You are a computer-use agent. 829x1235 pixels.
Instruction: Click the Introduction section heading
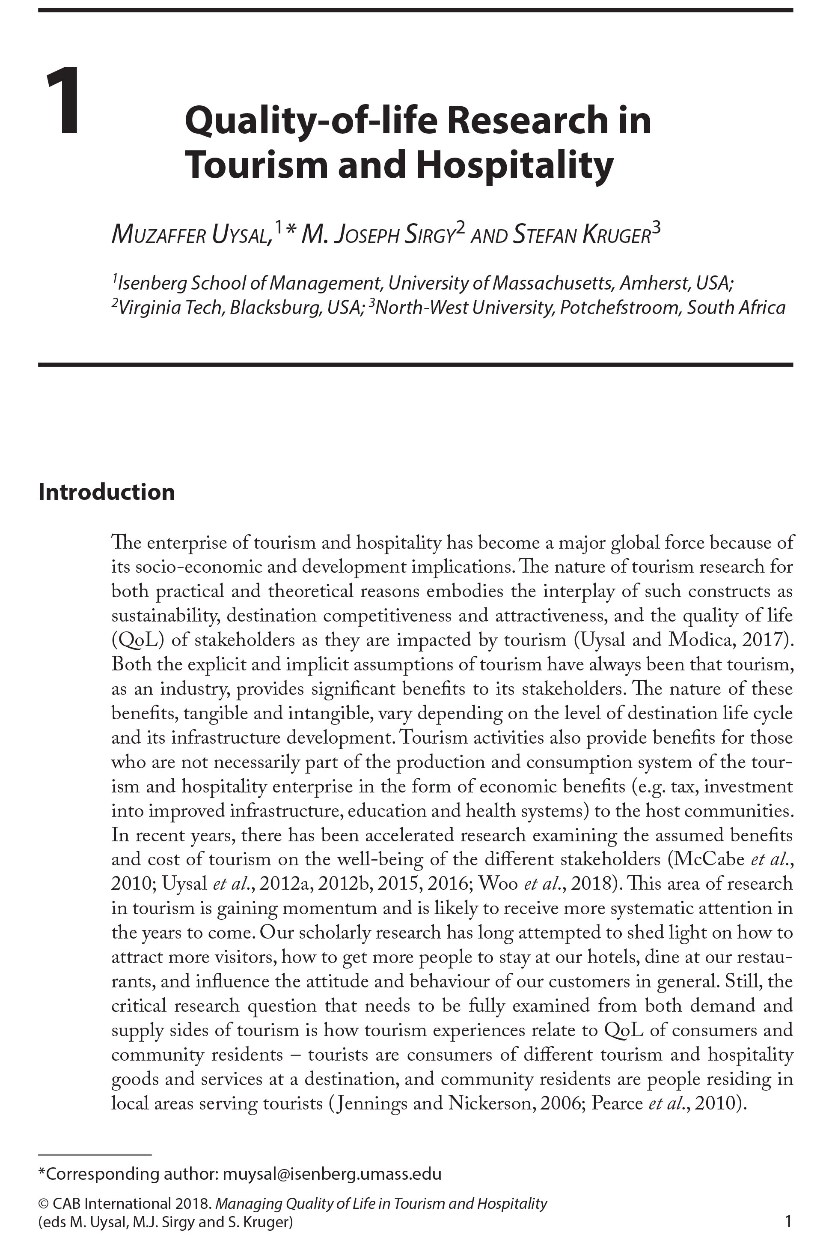[x=106, y=492]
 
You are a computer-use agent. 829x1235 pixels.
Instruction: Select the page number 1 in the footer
[x=788, y=1221]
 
